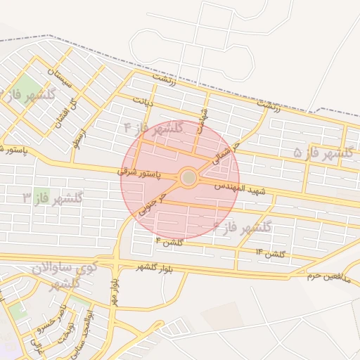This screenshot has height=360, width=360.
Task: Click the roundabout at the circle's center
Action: click(188, 178)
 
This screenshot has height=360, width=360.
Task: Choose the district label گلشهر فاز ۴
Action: click(153, 128)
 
